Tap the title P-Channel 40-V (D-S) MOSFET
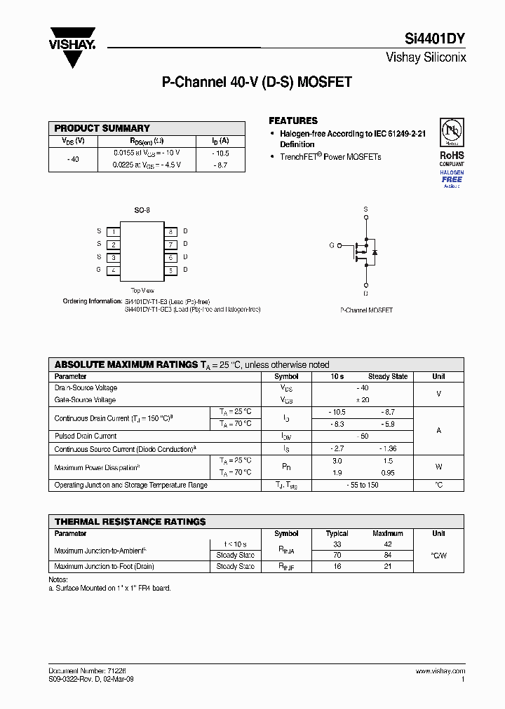[257, 83]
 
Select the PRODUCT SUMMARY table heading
[102, 128]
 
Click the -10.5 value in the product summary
[220, 152]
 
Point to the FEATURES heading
[293, 121]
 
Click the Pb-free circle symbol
[452, 132]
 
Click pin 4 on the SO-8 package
[113, 270]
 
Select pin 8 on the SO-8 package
[170, 231]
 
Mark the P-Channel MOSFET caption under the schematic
[366, 310]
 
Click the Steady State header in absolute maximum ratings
[388, 376]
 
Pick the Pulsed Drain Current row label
[86, 436]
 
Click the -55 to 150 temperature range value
[363, 485]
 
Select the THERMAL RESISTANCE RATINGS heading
[130, 521]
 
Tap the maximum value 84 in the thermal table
[388, 555]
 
